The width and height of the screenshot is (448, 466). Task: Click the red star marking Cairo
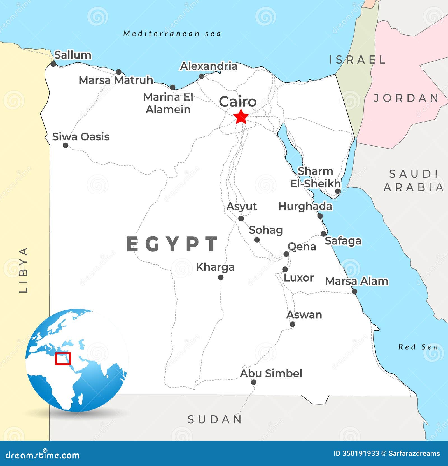[x=241, y=117]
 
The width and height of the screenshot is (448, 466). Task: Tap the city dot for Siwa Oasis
[x=66, y=145]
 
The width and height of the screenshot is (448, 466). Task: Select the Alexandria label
[x=209, y=66]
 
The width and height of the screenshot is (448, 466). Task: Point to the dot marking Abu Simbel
[x=254, y=382]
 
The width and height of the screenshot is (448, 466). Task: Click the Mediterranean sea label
[x=172, y=34]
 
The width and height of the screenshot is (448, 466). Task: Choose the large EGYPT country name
[x=172, y=244]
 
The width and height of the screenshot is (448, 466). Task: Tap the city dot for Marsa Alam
[x=354, y=291]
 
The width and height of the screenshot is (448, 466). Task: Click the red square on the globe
[x=63, y=358]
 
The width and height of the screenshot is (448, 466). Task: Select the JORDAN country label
[x=406, y=98]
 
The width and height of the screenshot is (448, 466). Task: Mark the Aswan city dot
[x=292, y=324]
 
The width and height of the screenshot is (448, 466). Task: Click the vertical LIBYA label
[x=24, y=270]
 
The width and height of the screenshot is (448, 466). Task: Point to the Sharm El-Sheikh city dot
[x=338, y=191]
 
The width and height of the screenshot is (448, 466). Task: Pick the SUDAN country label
[x=215, y=419]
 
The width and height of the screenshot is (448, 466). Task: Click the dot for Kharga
[x=221, y=277]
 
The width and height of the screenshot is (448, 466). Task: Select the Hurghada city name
[x=305, y=206]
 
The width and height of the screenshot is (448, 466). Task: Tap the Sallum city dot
[x=53, y=64]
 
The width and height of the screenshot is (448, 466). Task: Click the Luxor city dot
[x=285, y=269]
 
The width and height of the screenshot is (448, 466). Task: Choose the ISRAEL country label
[x=357, y=60]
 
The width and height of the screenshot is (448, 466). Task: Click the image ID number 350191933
[x=361, y=453]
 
